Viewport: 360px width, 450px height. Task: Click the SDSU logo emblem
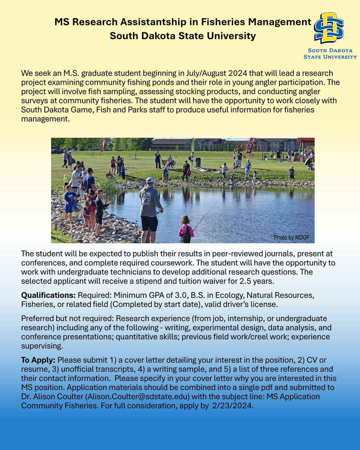(329, 28)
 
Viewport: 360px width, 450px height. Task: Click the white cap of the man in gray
(150, 180)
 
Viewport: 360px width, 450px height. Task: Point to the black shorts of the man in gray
(149, 223)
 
